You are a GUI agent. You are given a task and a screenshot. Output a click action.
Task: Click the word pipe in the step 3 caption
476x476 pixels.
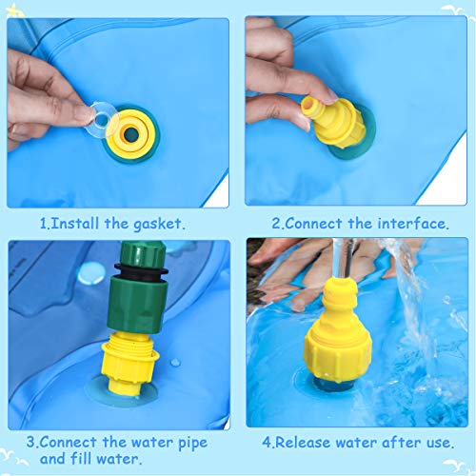tap(188, 442)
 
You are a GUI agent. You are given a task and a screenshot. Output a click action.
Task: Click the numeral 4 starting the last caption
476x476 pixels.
tap(267, 442)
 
